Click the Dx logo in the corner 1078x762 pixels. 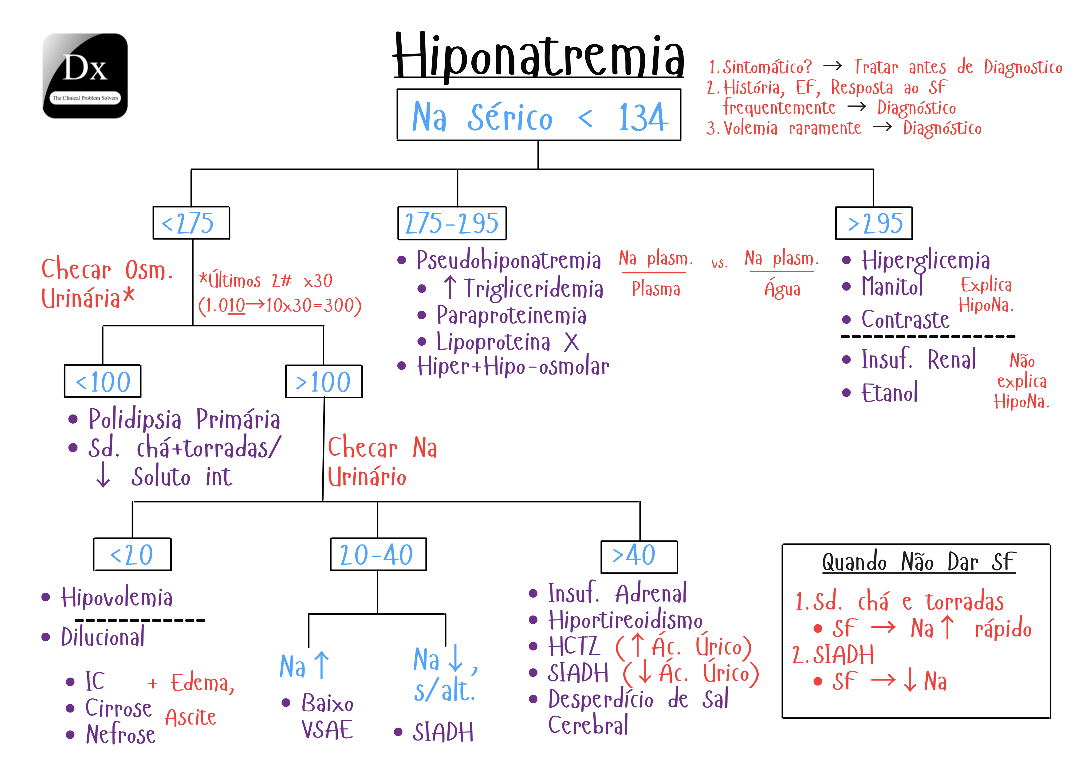[85, 76]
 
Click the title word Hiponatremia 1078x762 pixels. [538, 56]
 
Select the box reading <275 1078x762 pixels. [191, 223]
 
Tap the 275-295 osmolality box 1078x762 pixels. [452, 223]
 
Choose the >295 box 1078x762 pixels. [874, 223]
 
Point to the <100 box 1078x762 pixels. [102, 381]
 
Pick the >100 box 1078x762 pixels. [324, 381]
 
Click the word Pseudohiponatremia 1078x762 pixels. [509, 260]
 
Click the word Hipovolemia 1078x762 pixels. [117, 598]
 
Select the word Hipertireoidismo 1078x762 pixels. [625, 620]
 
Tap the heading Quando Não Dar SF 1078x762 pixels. [919, 562]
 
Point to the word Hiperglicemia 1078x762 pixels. [925, 261]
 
